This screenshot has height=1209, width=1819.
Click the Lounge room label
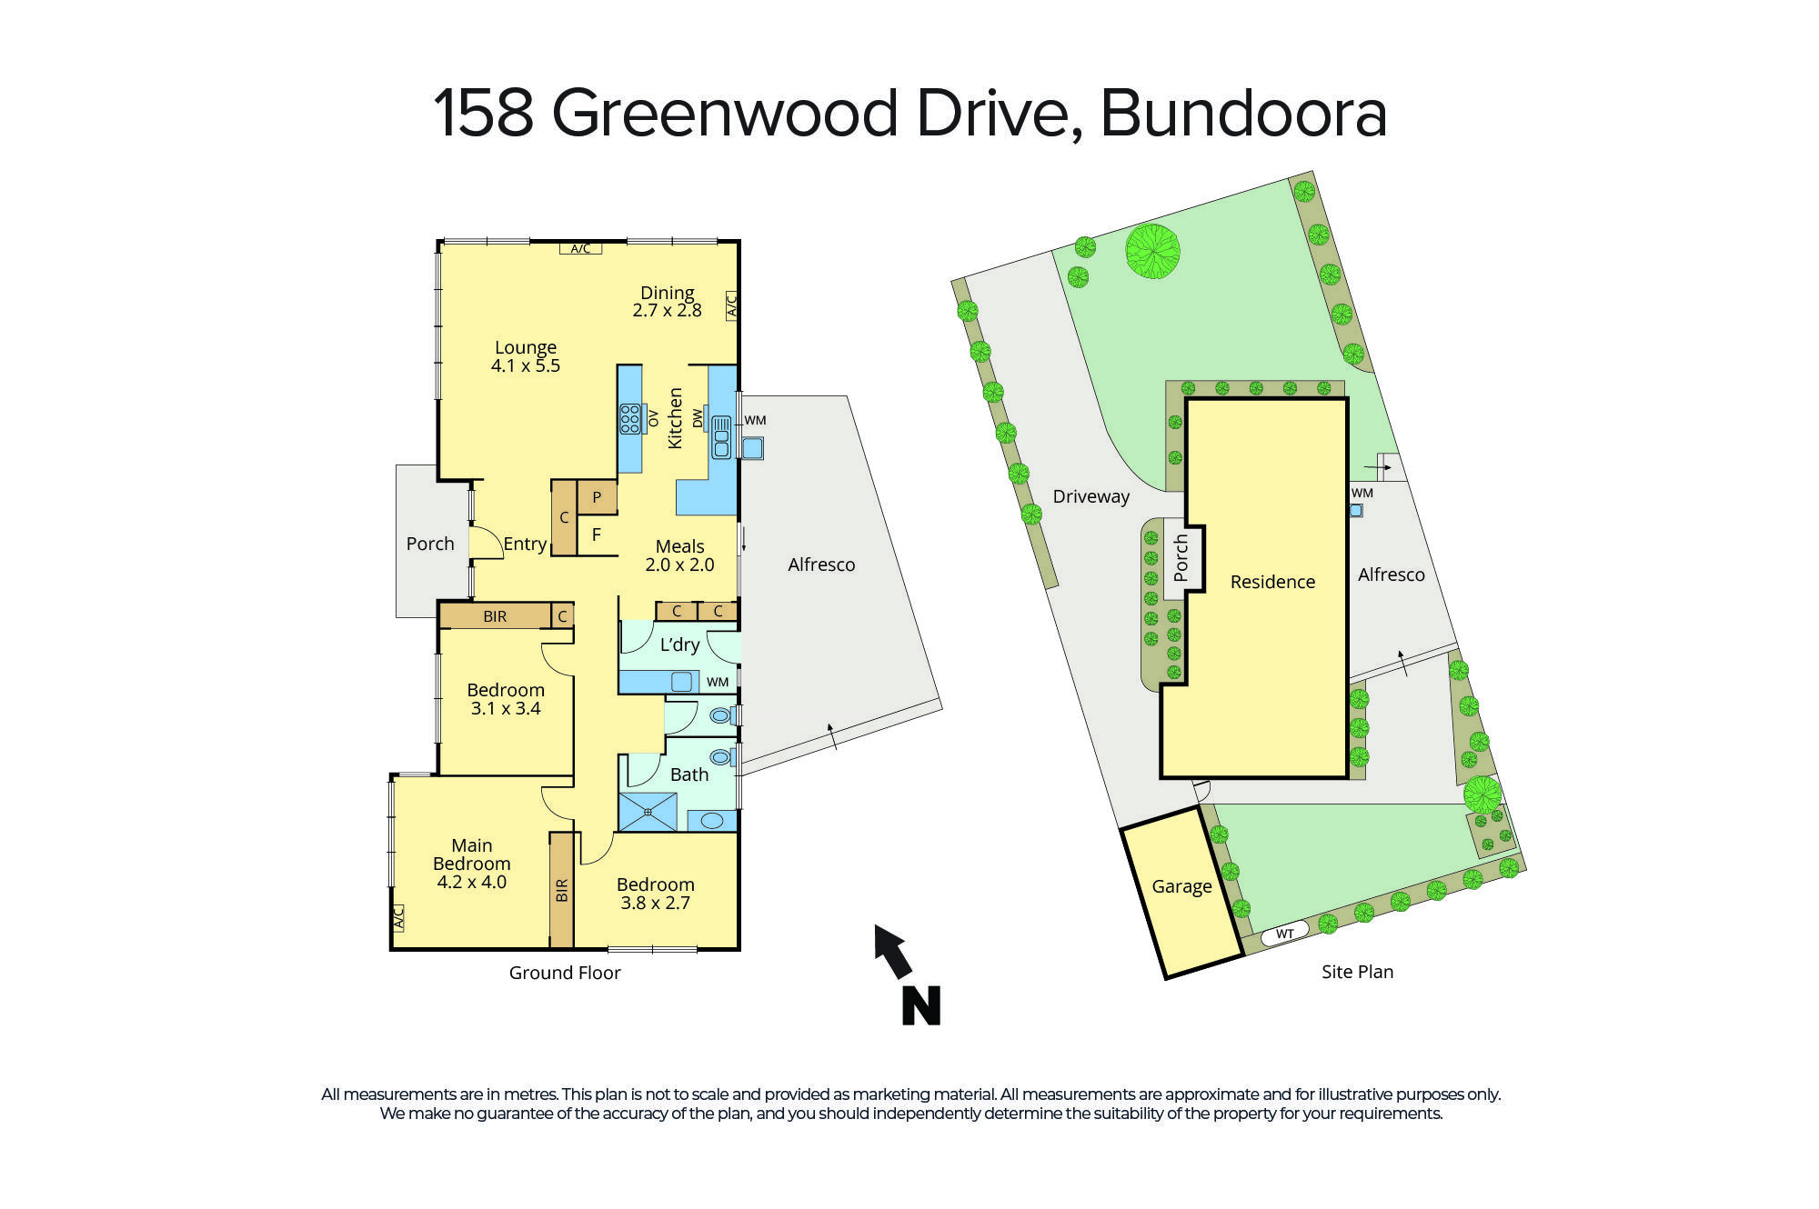525,347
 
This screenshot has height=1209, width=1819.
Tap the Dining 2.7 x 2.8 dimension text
667,310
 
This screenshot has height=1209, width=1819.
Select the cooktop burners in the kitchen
629,418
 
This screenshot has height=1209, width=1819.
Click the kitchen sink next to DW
721,436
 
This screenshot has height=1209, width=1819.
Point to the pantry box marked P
597,497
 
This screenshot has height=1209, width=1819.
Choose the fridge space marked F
597,535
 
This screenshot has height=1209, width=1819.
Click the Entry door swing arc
487,543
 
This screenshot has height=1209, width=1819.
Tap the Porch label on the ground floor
429,544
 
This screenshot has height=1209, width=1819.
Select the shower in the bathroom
648,812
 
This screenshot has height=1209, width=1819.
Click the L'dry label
679,644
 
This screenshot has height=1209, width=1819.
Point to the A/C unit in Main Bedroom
397,917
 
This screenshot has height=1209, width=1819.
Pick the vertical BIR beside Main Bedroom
561,890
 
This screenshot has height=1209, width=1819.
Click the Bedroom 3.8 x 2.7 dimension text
655,903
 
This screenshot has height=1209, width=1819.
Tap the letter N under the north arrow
920,1005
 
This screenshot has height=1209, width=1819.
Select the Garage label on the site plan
1181,886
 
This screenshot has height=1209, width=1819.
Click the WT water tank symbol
1284,934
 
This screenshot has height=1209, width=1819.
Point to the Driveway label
1090,496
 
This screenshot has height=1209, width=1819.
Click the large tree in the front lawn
1152,251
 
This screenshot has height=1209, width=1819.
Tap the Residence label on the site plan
1272,582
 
